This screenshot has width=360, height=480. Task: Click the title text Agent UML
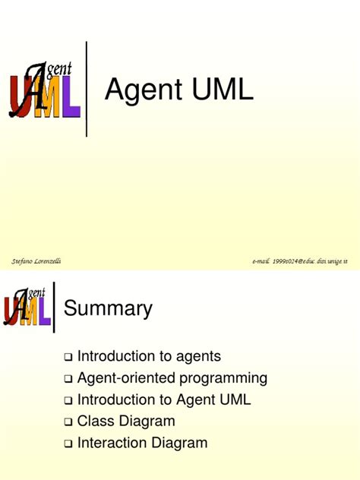(178, 90)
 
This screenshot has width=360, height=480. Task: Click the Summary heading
(109, 308)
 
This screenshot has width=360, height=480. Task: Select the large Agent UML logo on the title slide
(44, 90)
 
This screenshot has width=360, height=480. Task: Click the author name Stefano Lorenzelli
(37, 261)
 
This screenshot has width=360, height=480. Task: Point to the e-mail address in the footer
(300, 261)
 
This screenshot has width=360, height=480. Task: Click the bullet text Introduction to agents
(159, 355)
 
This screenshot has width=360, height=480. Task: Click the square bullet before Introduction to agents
(68, 356)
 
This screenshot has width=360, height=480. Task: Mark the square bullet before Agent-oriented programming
(68, 378)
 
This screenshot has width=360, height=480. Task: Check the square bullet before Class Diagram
(68, 422)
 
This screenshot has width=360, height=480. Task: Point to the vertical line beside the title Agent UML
(87, 90)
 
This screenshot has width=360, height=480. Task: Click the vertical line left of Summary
(55, 307)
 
